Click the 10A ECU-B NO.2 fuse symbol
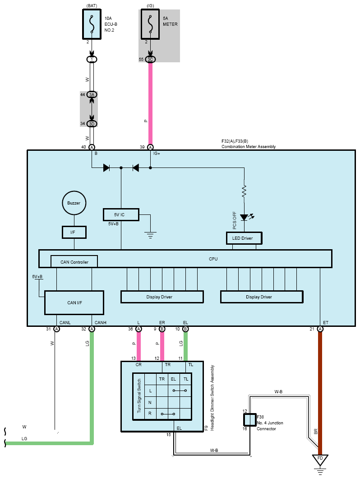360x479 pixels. tap(92, 24)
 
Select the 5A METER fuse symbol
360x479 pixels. tap(150, 24)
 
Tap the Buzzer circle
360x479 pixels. tap(74, 203)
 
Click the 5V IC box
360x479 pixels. tap(121, 214)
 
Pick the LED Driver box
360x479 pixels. tap(244, 238)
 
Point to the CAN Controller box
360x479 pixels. tap(74, 261)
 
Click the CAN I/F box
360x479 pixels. tap(74, 302)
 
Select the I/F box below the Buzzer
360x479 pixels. tap(74, 232)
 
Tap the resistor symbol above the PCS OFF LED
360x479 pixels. tap(244, 192)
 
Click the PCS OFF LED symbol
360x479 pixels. tap(244, 217)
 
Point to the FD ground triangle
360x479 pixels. tap(320, 460)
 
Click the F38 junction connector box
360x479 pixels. tap(250, 420)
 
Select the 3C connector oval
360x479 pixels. tap(150, 59)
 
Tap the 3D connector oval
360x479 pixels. tap(92, 124)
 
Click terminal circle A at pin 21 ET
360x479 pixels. tap(320, 329)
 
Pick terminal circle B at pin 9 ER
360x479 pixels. tap(162, 329)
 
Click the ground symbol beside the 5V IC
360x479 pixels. tap(150, 235)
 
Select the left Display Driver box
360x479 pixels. tap(162, 297)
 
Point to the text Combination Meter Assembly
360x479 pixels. tap(249, 147)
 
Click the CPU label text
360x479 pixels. tap(213, 259)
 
